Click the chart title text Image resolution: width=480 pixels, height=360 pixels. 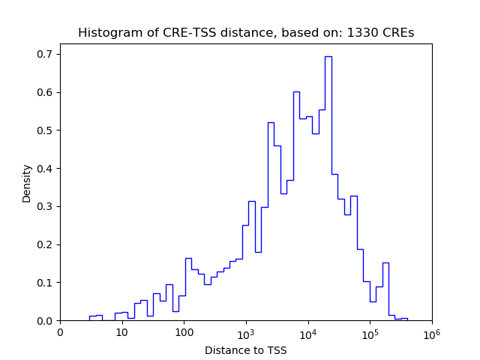point(246,33)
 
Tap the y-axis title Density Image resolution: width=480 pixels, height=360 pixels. point(27,183)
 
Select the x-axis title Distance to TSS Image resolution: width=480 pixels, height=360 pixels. point(246,350)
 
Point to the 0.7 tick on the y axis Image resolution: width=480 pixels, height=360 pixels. point(46,55)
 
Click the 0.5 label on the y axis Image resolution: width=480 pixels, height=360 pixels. point(46,130)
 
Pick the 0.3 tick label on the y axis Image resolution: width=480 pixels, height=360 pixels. point(46,207)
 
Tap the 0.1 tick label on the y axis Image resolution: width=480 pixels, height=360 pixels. point(46,283)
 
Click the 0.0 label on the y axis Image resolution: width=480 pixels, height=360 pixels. point(46,321)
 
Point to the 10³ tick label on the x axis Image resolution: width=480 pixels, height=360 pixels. point(246,331)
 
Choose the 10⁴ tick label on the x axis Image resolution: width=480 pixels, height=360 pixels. point(307,331)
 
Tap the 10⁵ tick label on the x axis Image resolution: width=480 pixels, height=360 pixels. point(370,331)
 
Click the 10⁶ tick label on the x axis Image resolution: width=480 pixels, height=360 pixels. point(431,331)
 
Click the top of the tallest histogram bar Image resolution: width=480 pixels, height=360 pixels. point(328,56)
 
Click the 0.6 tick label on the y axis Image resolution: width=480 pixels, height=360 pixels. point(46,93)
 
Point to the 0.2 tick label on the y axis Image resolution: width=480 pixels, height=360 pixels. point(46,245)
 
